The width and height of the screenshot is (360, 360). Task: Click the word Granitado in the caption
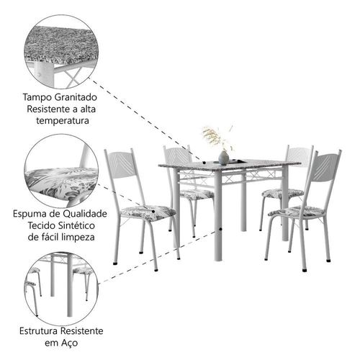[76, 97]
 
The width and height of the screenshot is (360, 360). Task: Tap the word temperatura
[63, 120]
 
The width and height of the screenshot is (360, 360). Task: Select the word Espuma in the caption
[29, 214]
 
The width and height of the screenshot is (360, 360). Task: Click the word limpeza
[78, 238]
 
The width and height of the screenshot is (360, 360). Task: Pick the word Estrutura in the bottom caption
[38, 331]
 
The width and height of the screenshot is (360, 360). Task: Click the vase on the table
[223, 158]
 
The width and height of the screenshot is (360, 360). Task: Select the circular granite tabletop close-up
[61, 52]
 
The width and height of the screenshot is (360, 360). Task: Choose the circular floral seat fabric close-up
[61, 171]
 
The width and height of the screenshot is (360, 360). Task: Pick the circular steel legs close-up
[61, 289]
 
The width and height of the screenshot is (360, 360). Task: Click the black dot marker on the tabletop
[204, 163]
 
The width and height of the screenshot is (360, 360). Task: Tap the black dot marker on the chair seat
[153, 212]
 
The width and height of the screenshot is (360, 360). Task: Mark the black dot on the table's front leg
[220, 230]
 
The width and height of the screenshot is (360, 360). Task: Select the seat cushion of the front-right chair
[297, 212]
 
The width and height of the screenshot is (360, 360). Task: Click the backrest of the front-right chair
[325, 168]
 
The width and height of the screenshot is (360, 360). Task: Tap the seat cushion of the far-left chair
[148, 212]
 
